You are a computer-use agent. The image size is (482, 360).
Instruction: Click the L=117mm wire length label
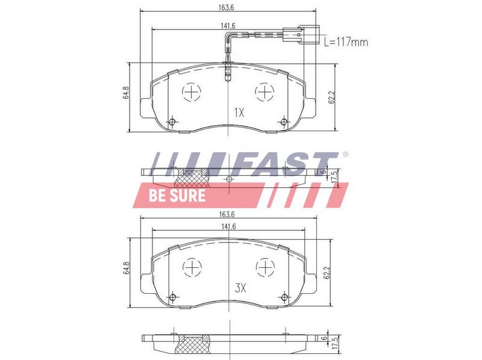(346, 42)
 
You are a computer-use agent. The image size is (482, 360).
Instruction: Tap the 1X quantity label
(239, 113)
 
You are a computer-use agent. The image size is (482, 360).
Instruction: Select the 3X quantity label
(240, 288)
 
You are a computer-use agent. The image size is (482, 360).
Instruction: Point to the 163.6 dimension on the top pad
(227, 8)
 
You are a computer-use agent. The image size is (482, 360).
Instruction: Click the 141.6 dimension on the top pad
(228, 26)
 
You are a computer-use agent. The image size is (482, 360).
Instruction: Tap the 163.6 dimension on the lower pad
(227, 214)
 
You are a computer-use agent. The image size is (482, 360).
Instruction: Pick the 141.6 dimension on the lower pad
(228, 227)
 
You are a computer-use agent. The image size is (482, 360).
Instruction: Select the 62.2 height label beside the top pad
(331, 97)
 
